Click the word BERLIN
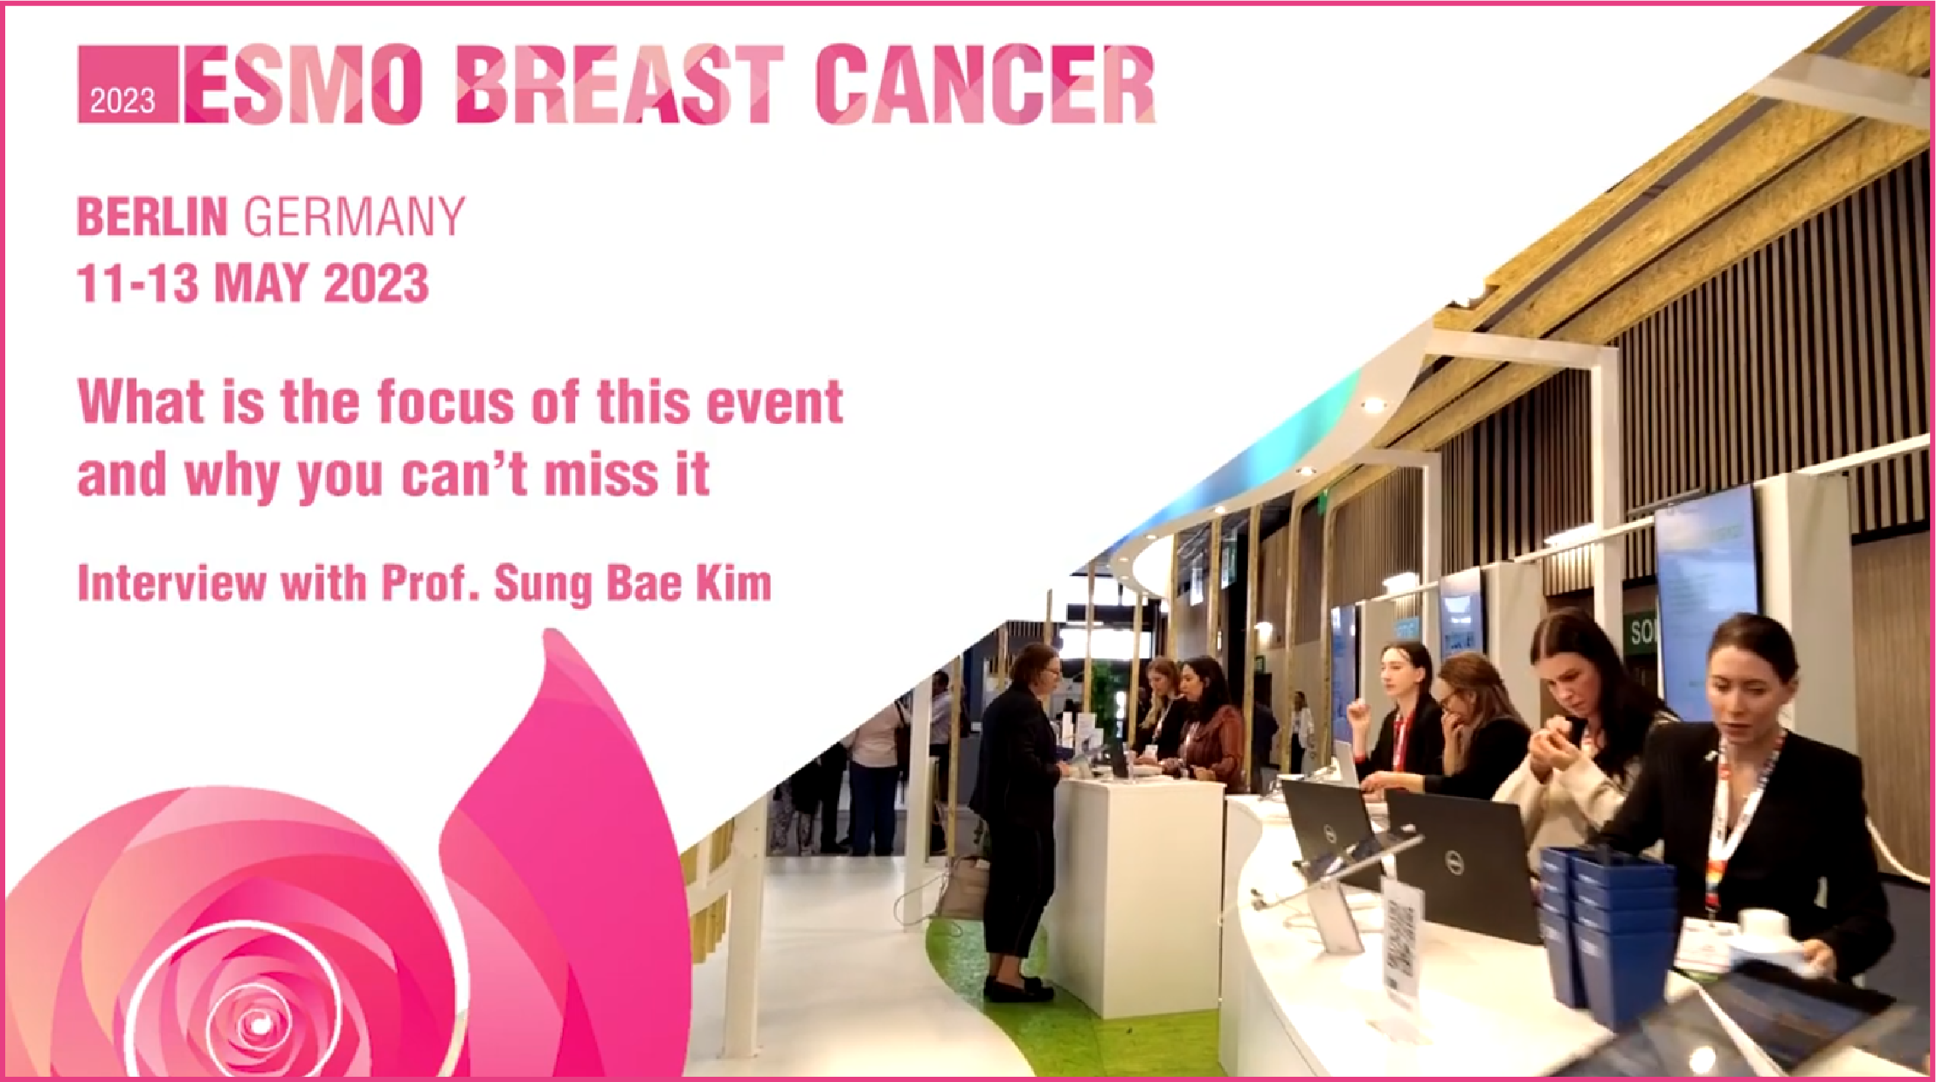[x=152, y=217]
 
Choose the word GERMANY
[x=354, y=217]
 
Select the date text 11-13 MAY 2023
[x=253, y=283]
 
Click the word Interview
[x=172, y=584]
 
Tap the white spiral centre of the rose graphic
[x=256, y=1023]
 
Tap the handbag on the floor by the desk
[x=965, y=888]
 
